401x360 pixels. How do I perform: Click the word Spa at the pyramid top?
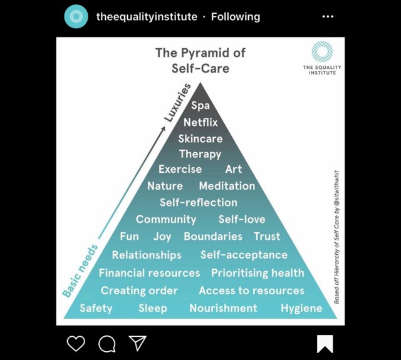[200, 106]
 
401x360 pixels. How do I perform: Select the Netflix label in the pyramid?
[200, 122]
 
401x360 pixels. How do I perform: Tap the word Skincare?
[200, 138]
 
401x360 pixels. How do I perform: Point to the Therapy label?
[200, 154]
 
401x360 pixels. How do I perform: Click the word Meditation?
[227, 186]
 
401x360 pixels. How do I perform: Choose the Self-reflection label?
[199, 202]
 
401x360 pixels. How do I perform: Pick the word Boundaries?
[213, 237]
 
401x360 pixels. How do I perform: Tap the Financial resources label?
[149, 273]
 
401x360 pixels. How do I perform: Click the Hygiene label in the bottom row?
[301, 308]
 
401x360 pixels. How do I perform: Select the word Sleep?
[153, 308]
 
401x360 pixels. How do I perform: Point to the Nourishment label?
[223, 308]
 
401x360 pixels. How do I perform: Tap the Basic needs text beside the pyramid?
[80, 270]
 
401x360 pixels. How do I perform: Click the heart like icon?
[76, 343]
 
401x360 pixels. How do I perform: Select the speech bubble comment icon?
[107, 343]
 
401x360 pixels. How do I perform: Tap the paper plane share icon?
[138, 343]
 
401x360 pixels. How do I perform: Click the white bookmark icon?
[325, 344]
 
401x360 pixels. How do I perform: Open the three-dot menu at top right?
[328, 17]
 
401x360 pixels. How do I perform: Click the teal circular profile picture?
[76, 17]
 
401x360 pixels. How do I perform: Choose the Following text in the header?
[236, 17]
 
